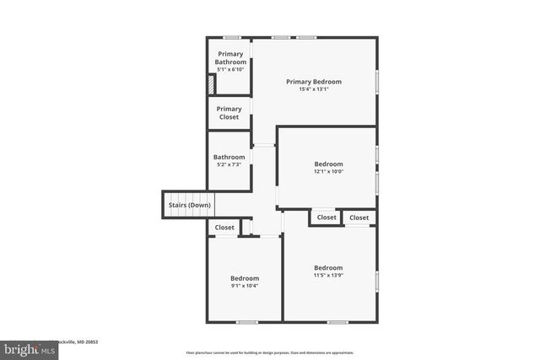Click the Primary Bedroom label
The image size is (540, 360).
tap(313, 82)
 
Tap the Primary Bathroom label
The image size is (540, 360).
tap(229, 57)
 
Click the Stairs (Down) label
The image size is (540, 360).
tap(188, 205)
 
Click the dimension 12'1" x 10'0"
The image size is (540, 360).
tap(328, 171)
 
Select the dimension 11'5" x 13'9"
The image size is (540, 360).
tap(328, 275)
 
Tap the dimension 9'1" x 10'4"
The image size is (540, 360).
tap(245, 286)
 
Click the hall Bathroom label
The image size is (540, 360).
tap(229, 157)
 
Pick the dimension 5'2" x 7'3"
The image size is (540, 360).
tap(229, 164)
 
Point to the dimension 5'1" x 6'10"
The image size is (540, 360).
tap(229, 69)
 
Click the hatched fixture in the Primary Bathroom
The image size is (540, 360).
tap(213, 84)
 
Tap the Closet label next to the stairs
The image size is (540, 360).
tap(224, 228)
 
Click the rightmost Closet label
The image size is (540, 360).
tap(359, 218)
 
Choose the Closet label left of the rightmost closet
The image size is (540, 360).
tap(327, 218)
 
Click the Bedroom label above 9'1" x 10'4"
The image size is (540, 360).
tap(245, 278)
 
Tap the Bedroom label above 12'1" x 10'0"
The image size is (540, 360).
tap(328, 164)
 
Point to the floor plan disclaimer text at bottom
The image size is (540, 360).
tap(269, 352)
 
